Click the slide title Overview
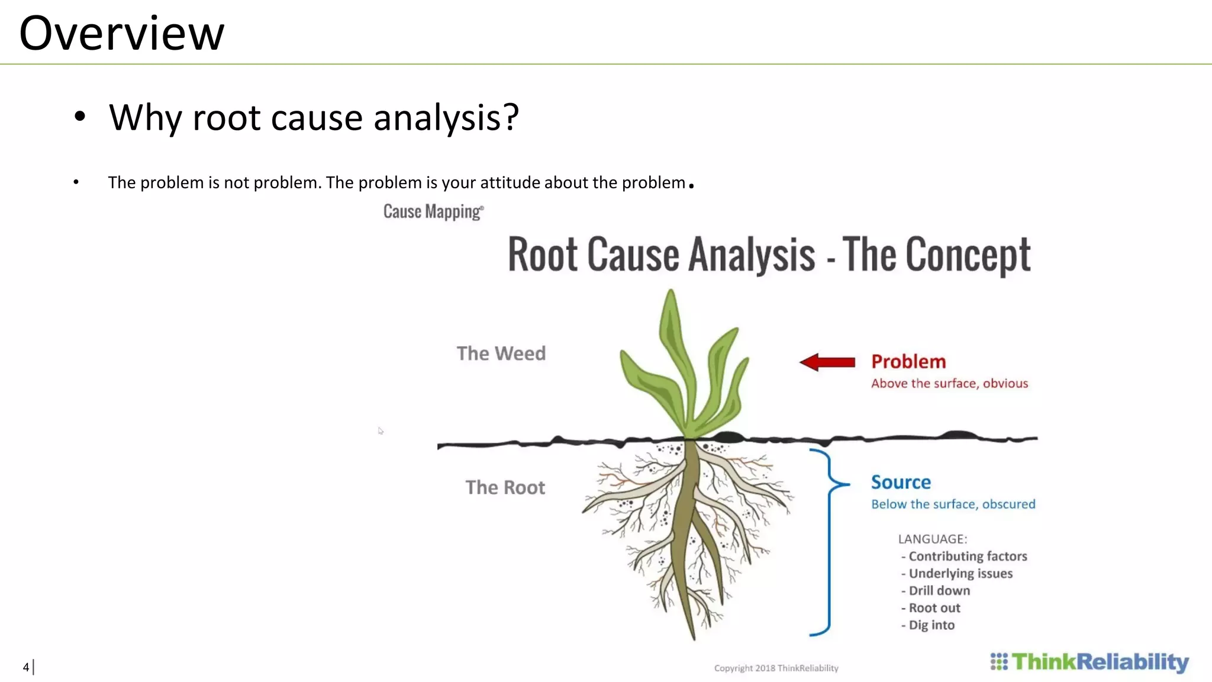(121, 33)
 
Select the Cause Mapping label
(433, 211)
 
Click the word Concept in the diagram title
(968, 255)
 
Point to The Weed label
(501, 353)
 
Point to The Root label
(505, 487)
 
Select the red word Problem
(908, 361)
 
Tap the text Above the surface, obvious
(949, 384)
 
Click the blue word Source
(901, 482)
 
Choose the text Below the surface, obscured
(953, 504)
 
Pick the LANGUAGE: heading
(932, 539)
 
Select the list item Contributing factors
(967, 556)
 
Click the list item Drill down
(939, 591)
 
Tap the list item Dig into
(931, 625)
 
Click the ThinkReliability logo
(1089, 662)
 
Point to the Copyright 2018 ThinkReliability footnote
(776, 668)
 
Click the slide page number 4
(26, 667)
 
